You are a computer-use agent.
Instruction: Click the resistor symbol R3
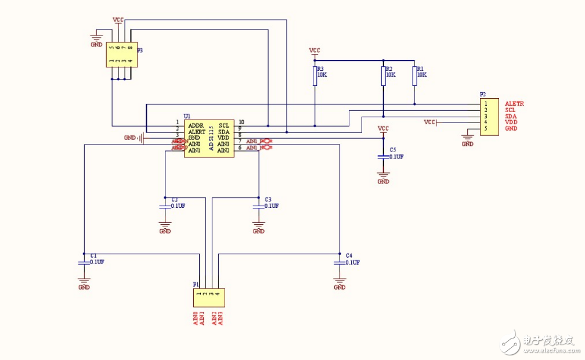click(x=315, y=76)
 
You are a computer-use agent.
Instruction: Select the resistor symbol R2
click(x=384, y=76)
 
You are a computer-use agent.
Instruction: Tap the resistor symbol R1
click(x=414, y=76)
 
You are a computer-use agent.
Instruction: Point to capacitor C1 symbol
click(x=84, y=262)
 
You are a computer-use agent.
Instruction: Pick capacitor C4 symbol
click(x=340, y=262)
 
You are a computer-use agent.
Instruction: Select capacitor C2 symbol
click(x=165, y=206)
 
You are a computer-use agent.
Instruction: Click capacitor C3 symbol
click(x=259, y=206)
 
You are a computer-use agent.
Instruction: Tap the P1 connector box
click(x=208, y=298)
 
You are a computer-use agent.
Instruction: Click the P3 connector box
click(x=121, y=54)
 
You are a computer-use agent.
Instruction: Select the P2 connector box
click(x=489, y=117)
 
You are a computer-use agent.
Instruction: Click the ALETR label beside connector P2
click(x=514, y=103)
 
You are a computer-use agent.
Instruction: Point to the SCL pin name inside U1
click(x=224, y=125)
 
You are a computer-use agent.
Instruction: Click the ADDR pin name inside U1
click(x=196, y=125)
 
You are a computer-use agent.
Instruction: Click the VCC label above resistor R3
click(x=315, y=51)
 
